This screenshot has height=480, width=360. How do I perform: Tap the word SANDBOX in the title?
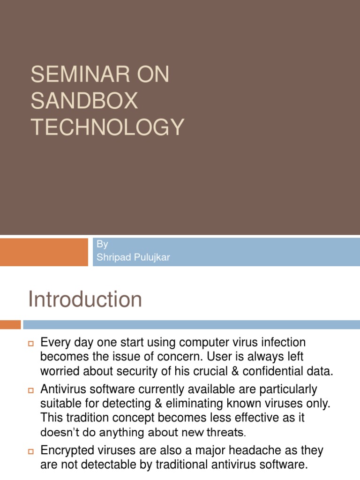pos(84,101)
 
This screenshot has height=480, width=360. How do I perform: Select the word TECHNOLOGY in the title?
pos(107,127)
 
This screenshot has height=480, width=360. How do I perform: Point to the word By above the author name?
pos(102,244)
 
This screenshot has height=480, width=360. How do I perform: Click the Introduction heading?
pos(85,299)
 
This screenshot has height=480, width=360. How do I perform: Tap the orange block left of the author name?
pos(44,252)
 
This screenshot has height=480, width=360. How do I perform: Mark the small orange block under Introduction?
pos(10,324)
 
